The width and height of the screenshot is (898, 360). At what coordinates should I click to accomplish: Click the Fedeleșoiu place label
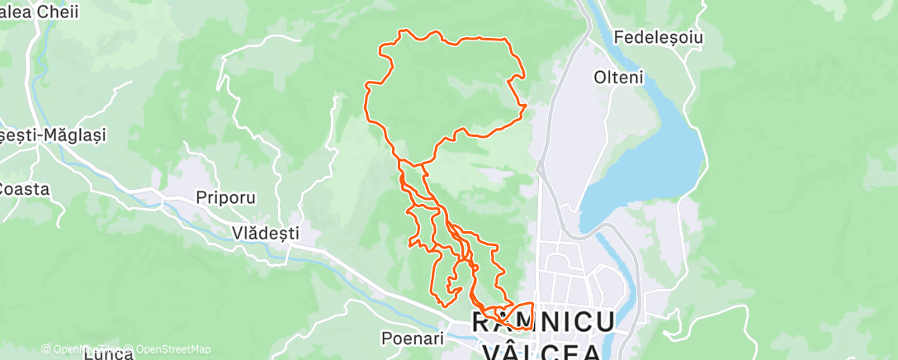pyautogui.click(x=657, y=38)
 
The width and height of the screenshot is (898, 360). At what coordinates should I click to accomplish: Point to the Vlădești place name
pyautogui.click(x=265, y=234)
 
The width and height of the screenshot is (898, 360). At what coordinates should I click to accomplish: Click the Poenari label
pyautogui.click(x=413, y=338)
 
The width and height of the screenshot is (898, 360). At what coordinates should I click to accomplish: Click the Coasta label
pyautogui.click(x=24, y=188)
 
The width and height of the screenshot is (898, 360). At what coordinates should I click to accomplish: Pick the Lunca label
pyautogui.click(x=108, y=354)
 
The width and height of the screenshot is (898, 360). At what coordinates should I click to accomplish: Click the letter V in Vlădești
pyautogui.click(x=237, y=234)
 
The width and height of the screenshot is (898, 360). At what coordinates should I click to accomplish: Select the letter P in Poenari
pyautogui.click(x=386, y=338)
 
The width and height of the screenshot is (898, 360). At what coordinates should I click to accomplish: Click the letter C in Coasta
pyautogui.click(x=4, y=188)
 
